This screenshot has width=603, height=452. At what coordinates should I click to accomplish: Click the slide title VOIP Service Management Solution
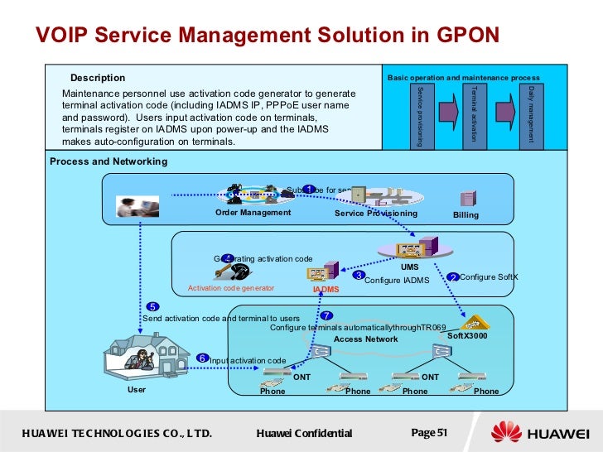(x=267, y=35)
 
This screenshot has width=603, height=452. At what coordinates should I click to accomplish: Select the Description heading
(x=98, y=78)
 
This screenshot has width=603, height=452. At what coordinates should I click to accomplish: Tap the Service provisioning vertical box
(x=420, y=115)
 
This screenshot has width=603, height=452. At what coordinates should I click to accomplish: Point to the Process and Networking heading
(x=109, y=161)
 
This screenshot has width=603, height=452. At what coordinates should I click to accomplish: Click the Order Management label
(x=253, y=213)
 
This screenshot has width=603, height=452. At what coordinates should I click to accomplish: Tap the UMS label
(x=409, y=267)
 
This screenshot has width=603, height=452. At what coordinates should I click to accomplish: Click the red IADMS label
(x=326, y=290)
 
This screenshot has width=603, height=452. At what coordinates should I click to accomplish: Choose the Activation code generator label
(x=231, y=288)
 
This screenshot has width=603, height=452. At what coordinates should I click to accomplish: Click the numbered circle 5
(x=153, y=307)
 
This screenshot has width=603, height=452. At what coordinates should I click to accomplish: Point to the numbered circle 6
(x=202, y=358)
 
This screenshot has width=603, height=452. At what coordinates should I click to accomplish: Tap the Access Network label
(x=365, y=339)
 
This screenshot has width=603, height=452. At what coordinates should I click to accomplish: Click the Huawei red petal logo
(x=507, y=432)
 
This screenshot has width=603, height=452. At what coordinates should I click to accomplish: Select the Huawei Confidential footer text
(x=304, y=433)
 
